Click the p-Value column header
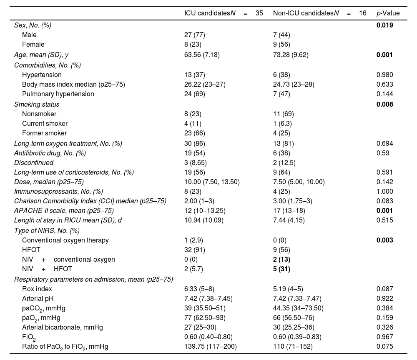(x=388, y=13)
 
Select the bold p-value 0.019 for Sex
(x=384, y=25)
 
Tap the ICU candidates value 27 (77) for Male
(x=194, y=35)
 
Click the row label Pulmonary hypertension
(x=58, y=94)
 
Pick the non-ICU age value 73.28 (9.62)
(x=291, y=55)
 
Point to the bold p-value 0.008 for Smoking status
(x=384, y=104)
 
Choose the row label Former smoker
(x=44, y=133)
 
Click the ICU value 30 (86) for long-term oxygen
(x=194, y=144)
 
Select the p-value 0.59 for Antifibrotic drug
(x=383, y=153)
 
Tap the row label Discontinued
(x=34, y=162)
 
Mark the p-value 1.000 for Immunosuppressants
(x=384, y=192)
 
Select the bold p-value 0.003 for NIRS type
(x=384, y=240)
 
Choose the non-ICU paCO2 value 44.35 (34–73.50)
(x=294, y=308)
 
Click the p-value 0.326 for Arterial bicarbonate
(x=384, y=327)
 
